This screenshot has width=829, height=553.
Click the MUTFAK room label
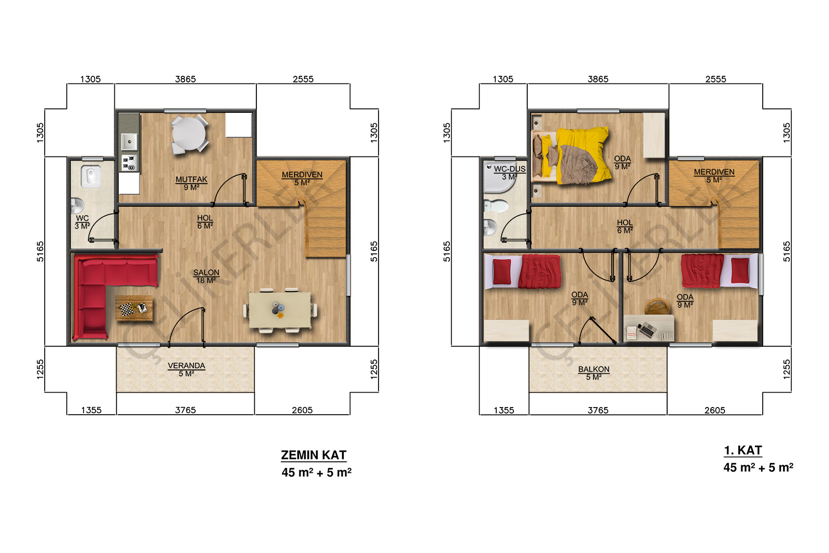pyautogui.click(x=191, y=179)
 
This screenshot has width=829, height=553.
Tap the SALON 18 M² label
pyautogui.click(x=206, y=276)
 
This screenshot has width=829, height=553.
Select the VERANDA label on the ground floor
pyautogui.click(x=186, y=366)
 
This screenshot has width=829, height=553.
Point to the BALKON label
pyautogui.click(x=594, y=369)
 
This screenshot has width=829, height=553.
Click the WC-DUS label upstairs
pyautogui.click(x=510, y=169)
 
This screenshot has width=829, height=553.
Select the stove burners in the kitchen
pyautogui.click(x=129, y=163)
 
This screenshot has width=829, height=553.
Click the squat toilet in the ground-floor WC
pyautogui.click(x=90, y=176)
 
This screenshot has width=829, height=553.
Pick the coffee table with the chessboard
pyautogui.click(x=134, y=308)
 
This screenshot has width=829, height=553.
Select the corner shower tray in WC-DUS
pyautogui.click(x=498, y=177)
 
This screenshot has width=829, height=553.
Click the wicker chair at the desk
pyautogui.click(x=658, y=306)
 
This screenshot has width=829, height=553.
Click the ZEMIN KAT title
pyautogui.click(x=313, y=455)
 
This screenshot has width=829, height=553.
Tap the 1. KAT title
pyautogui.click(x=743, y=450)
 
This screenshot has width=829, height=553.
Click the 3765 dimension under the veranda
pyautogui.click(x=185, y=410)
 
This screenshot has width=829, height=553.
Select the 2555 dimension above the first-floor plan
pyautogui.click(x=716, y=79)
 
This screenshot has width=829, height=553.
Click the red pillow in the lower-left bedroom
pyautogui.click(x=502, y=272)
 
